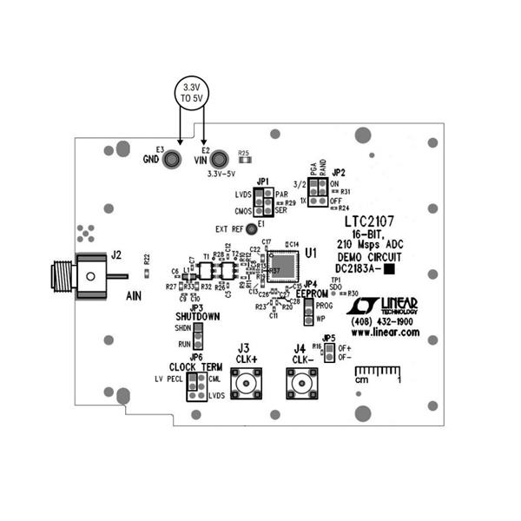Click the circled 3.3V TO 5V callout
pyautogui.click(x=190, y=93)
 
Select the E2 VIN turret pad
pyautogui.click(x=220, y=159)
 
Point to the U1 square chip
pyautogui.click(x=280, y=264)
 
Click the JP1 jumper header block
pyautogui.click(x=264, y=201)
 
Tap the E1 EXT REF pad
pyautogui.click(x=251, y=228)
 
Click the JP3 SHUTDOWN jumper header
pyautogui.click(x=198, y=336)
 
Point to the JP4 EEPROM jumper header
pyautogui.click(x=307, y=313)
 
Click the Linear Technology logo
pyautogui.click(x=382, y=305)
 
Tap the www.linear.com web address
pyautogui.click(x=385, y=333)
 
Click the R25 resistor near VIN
pyautogui.click(x=244, y=161)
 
